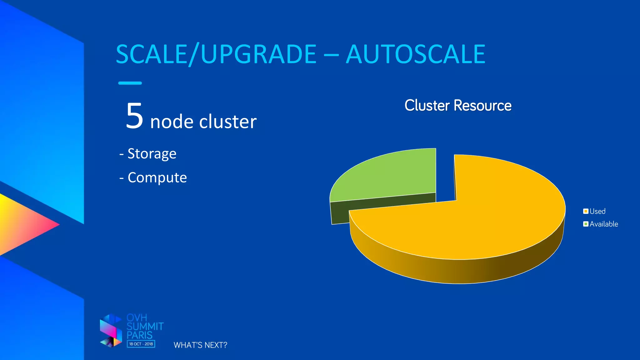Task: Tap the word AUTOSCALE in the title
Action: pyautogui.click(x=415, y=54)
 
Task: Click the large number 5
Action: pyautogui.click(x=134, y=116)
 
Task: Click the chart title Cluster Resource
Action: pyautogui.click(x=458, y=105)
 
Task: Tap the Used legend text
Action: pyautogui.click(x=597, y=211)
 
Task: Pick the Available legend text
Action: pyautogui.click(x=604, y=224)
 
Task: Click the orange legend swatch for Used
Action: pyautogui.click(x=586, y=211)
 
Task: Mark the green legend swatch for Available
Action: pyautogui.click(x=586, y=224)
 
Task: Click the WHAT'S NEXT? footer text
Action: pyautogui.click(x=200, y=345)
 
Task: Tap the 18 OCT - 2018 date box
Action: pyautogui.click(x=141, y=344)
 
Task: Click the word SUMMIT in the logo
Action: pyautogui.click(x=145, y=327)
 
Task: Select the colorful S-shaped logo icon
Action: pyautogui.click(x=111, y=331)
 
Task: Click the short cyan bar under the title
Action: pyautogui.click(x=130, y=83)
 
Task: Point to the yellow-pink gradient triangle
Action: pyautogui.click(x=22, y=224)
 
